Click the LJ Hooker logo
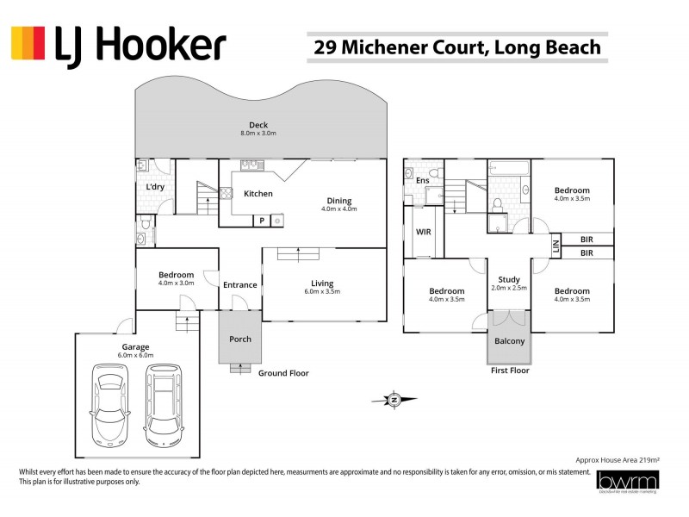[118, 45]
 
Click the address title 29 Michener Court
[456, 47]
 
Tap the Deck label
[258, 125]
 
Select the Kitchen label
[258, 194]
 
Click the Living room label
[322, 283]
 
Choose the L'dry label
[155, 187]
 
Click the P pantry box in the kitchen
[261, 221]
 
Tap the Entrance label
[239, 285]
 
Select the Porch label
[240, 339]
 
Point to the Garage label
[135, 347]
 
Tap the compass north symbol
[393, 399]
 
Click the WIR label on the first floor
[423, 233]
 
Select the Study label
[508, 278]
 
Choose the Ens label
[422, 181]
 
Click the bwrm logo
[627, 483]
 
